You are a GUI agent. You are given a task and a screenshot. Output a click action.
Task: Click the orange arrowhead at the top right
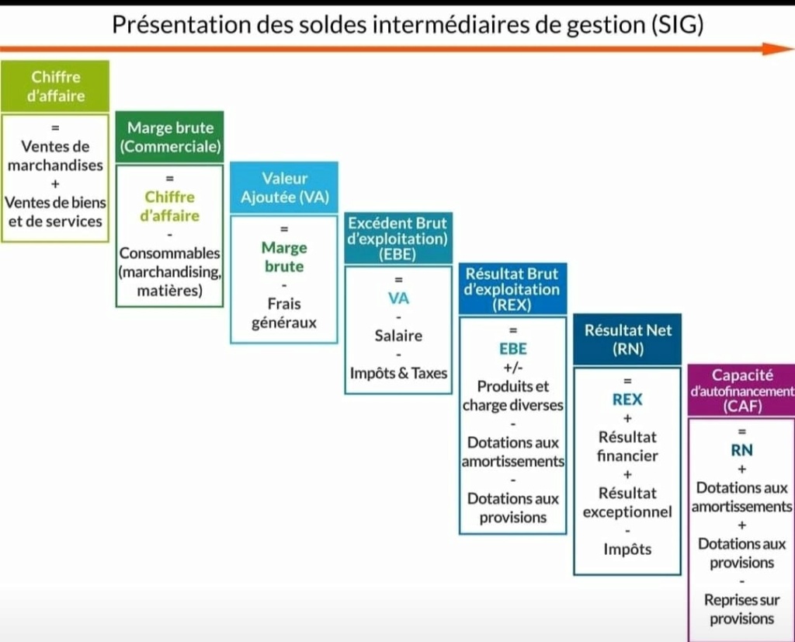[778, 49]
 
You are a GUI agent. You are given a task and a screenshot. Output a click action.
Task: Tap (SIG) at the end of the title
[677, 24]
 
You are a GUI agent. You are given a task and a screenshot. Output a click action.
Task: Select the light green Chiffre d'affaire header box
[55, 86]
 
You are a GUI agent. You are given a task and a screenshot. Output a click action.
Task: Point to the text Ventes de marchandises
[55, 155]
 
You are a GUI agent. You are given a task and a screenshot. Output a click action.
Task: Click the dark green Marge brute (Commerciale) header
[170, 137]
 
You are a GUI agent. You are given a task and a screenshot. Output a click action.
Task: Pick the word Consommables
[170, 253]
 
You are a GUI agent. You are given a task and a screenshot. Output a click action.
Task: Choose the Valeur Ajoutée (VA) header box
[284, 187]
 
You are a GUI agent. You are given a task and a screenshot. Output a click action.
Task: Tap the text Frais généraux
[284, 313]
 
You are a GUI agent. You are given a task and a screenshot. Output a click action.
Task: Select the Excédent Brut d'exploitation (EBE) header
[398, 238]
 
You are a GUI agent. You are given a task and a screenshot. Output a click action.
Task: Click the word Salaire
[398, 336]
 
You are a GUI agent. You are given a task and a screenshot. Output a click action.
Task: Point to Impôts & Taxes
[398, 373]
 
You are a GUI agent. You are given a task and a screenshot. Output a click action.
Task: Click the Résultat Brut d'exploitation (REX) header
[513, 289]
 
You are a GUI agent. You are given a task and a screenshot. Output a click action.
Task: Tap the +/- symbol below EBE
[513, 368]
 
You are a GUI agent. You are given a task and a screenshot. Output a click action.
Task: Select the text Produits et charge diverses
[513, 396]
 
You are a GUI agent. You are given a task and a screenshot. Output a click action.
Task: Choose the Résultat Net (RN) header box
[627, 340]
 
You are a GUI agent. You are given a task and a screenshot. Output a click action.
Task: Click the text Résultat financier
[627, 446]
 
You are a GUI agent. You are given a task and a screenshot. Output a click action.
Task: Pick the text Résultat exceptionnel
[627, 502]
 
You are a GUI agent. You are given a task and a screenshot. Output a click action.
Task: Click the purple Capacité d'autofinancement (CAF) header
[741, 390]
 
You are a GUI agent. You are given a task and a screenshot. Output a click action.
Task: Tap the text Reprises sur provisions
[741, 609]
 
